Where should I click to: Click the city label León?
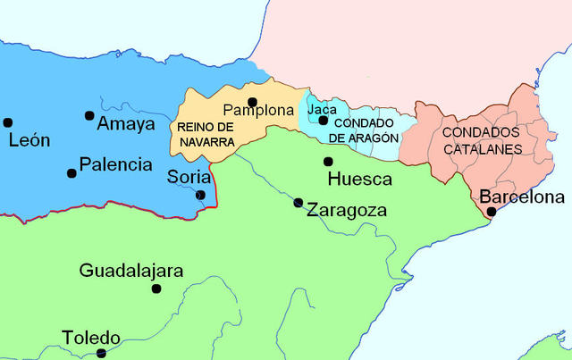[x=29, y=140]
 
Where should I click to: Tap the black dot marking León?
[x=7, y=122]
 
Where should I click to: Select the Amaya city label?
[x=126, y=123]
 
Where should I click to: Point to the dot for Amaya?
[x=89, y=115]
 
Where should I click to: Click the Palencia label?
[x=115, y=164]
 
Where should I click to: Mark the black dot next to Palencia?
[x=71, y=172]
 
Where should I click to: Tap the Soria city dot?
[x=200, y=195]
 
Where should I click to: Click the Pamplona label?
[x=258, y=111]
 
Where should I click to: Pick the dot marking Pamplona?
[x=253, y=101]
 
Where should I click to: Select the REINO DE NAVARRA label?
[x=206, y=134]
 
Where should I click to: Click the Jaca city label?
[x=322, y=110]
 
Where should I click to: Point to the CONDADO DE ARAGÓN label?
[x=363, y=130]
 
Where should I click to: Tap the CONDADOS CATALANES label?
[x=482, y=140]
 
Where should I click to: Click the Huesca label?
[x=360, y=179]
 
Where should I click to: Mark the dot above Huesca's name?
[x=328, y=162]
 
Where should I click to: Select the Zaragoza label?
[x=346, y=211]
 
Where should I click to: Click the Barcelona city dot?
[x=491, y=212]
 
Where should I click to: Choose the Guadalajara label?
[x=131, y=270]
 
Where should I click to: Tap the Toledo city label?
[x=90, y=338]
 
